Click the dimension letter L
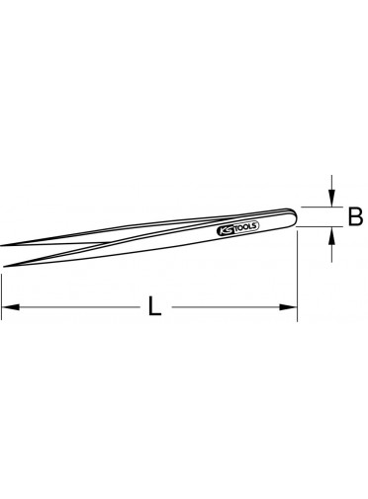pyautogui.click(x=154, y=306)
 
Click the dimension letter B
pyautogui.click(x=355, y=216)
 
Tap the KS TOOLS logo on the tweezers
pyautogui.click(x=237, y=228)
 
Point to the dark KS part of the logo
pyautogui.click(x=225, y=230)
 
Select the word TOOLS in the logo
pyautogui.click(x=245, y=226)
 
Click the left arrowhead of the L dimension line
pyautogui.click(x=10, y=307)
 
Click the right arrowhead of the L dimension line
pyautogui.click(x=288, y=307)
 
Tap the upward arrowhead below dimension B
pyautogui.click(x=332, y=235)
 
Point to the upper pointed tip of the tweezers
pyautogui.click(x=1, y=246)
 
